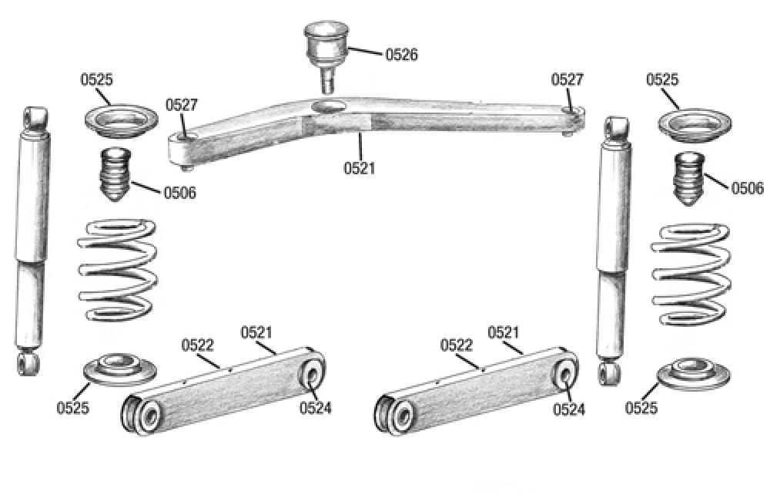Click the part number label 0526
coord(401,55)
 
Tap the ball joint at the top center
coord(326,48)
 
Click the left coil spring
coord(119,270)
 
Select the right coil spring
coord(691,273)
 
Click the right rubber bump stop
coord(689,180)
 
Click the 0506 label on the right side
coord(747,188)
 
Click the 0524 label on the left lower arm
coord(315,408)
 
